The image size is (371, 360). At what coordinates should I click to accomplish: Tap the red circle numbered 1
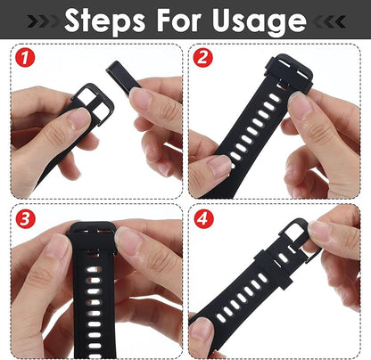click(26, 61)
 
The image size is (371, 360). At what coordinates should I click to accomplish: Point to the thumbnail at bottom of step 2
click(218, 165)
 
